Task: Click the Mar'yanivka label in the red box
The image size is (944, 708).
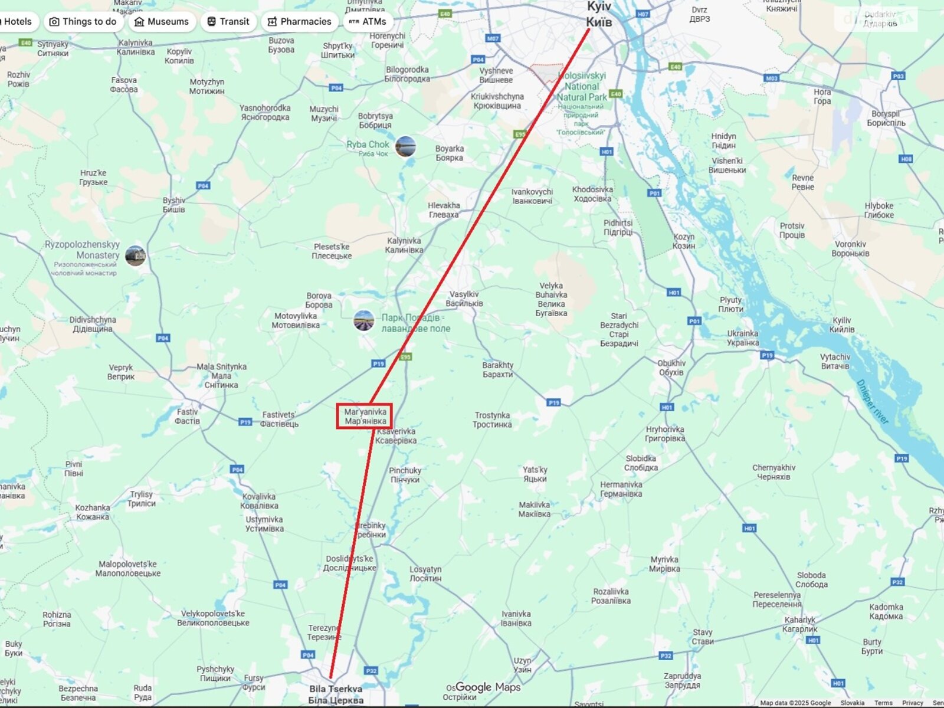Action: [365, 416]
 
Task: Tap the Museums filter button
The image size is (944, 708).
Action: [162, 22]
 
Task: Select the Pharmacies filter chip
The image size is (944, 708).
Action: [299, 22]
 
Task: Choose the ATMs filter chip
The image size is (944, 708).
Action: [368, 22]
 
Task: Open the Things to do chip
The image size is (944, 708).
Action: [83, 22]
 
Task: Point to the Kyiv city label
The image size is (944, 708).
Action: [599, 15]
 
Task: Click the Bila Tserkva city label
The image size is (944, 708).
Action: [336, 694]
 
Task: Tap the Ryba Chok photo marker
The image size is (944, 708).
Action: [405, 146]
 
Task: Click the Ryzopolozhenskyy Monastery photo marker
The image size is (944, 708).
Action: [135, 255]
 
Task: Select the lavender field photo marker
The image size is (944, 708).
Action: [364, 321]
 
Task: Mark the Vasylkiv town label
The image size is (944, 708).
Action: [464, 299]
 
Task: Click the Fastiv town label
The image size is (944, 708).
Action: [187, 417]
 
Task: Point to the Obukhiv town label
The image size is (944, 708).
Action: [671, 368]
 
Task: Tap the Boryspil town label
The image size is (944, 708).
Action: [886, 119]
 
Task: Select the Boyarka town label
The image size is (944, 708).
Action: [449, 153]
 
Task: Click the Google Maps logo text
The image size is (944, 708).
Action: [487, 687]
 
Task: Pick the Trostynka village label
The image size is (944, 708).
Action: [492, 419]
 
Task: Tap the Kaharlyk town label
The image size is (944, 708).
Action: [800, 624]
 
